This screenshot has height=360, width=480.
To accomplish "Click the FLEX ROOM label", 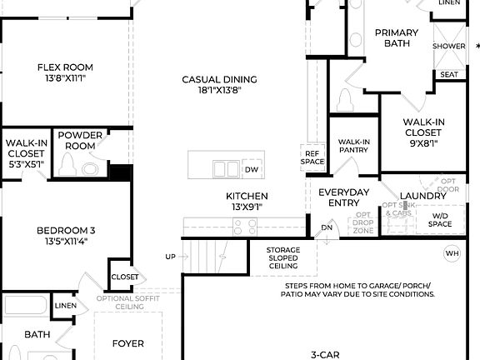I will tap(64, 67).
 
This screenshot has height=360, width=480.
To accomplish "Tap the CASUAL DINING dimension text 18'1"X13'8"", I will tap(219, 91).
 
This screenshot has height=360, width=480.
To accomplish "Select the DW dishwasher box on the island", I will tap(251, 170).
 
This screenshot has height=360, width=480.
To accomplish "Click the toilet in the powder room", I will tap(89, 169).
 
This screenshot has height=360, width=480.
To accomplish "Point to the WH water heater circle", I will tap(452, 253).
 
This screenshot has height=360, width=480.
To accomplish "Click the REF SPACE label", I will tap(312, 157).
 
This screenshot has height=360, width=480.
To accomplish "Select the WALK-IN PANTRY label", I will tap(353, 146).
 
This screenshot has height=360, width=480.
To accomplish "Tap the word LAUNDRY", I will tap(423, 197).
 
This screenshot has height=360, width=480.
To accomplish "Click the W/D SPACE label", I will tap(439, 219).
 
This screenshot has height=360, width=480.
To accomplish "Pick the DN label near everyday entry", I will tap(327, 227).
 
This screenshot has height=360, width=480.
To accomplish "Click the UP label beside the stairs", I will tap(171, 257).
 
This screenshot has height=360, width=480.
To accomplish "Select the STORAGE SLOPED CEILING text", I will tap(282, 257).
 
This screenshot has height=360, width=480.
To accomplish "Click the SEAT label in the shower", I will tap(448, 75).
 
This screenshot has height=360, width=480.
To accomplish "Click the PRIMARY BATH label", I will tap(396, 39).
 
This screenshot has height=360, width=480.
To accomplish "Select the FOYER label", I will tap(128, 343).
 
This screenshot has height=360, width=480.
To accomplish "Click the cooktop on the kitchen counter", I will tap(243, 223).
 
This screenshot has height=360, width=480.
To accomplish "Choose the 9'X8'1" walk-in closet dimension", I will tap(423, 142).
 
